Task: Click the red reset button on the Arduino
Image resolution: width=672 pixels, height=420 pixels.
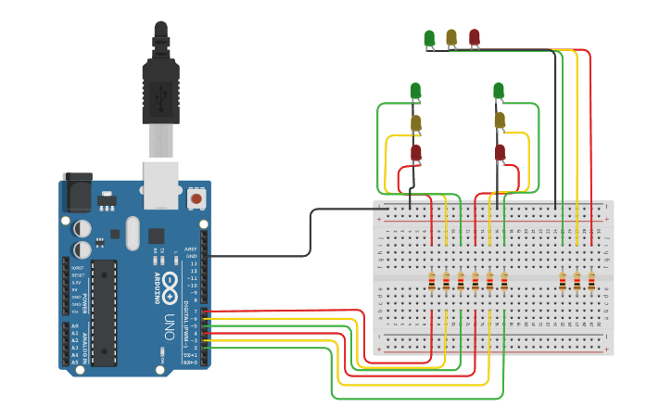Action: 196,197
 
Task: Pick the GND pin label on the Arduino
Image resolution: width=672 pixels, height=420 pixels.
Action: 191,256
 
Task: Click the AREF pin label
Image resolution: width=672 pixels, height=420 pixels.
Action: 191,248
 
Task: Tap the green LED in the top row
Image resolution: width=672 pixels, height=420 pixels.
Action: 429,37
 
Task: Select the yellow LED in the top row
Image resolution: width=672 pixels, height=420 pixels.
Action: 451,36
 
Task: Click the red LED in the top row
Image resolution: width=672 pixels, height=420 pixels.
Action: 475,36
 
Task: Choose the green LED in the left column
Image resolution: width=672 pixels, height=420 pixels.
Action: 415,90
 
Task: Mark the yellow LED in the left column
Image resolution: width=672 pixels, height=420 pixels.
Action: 415,122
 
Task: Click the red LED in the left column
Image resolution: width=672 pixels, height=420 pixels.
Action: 415,152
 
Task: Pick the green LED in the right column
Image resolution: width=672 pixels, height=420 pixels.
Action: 499,90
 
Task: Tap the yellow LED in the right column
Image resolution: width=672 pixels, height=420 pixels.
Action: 500,120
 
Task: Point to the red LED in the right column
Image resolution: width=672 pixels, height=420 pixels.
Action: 500,152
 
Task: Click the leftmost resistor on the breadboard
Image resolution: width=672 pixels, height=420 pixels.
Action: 431,280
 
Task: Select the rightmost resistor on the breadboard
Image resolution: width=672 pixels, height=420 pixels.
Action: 591,280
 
